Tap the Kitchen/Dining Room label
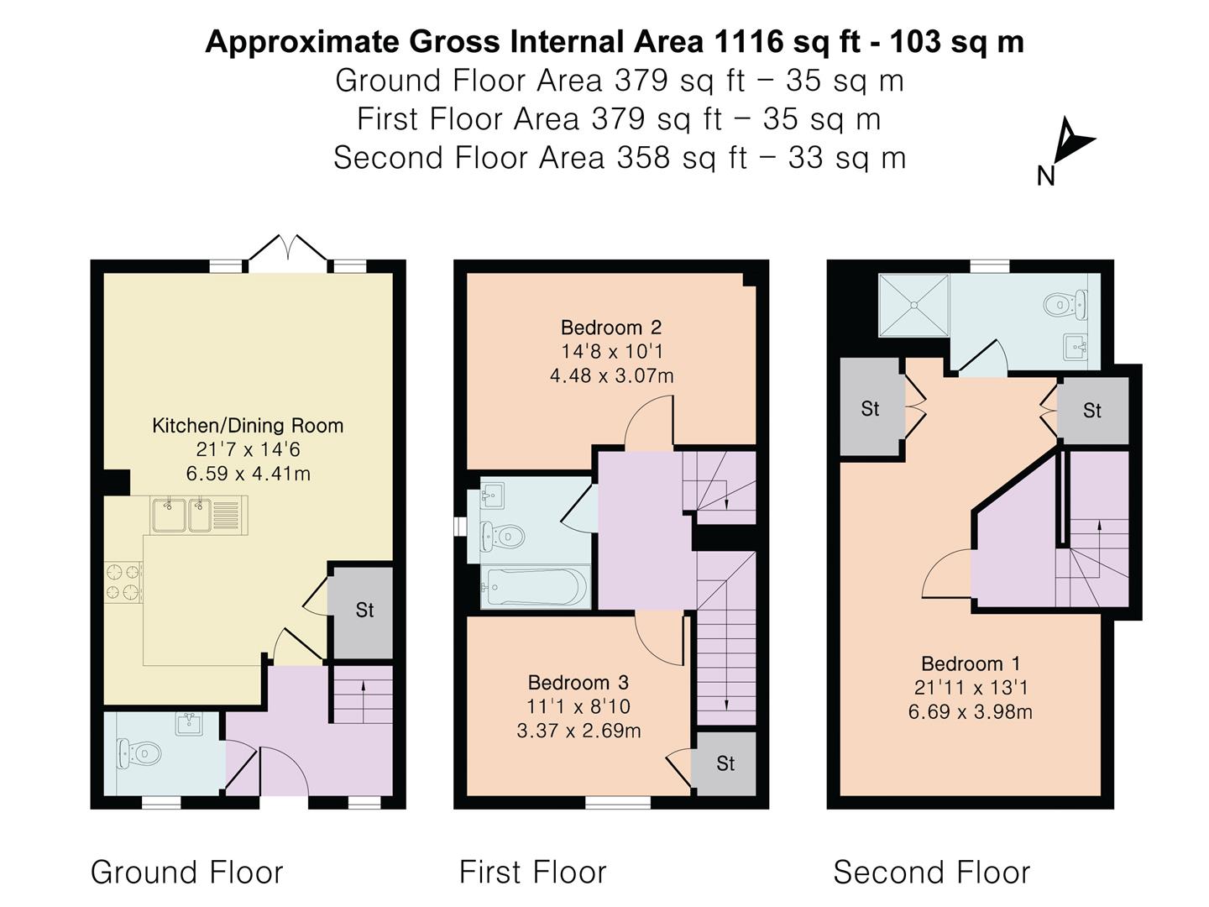pos(248,426)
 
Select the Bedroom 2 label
pos(611,328)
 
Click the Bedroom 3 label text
pos(578,683)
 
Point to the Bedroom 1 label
pos(971,664)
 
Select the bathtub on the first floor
pos(533,585)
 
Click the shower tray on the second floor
pos(913,305)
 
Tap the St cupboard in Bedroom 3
pos(725,763)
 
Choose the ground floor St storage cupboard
pos(364,611)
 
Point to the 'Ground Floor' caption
pos(186,873)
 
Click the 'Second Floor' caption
pos(931,873)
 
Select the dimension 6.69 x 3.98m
pos(971,712)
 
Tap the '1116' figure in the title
pos(749,41)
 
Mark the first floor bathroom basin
pos(493,496)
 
